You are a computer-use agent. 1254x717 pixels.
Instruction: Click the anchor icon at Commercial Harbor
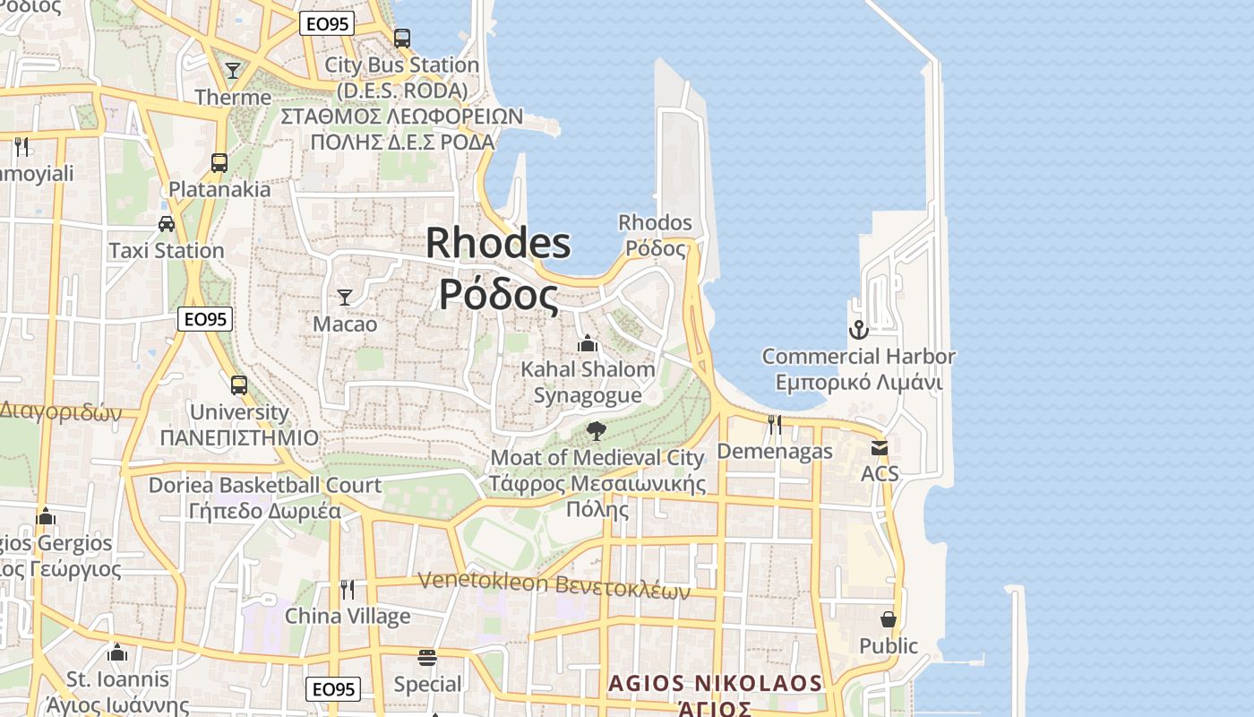(858, 330)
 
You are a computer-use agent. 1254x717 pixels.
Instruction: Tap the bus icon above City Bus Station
(402, 39)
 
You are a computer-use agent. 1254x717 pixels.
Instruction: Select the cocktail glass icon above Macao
(345, 297)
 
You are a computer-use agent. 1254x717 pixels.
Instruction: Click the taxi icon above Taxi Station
(167, 224)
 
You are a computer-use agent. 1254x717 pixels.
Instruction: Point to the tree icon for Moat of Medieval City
(596, 431)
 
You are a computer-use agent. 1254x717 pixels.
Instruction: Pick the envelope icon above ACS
(879, 447)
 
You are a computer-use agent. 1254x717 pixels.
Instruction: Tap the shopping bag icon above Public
(888, 619)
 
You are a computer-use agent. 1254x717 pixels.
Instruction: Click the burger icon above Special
(427, 658)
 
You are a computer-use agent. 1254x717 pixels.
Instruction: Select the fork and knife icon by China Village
(348, 589)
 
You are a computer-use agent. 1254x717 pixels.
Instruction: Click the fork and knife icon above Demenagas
(775, 424)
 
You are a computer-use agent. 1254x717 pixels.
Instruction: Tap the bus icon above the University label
(238, 385)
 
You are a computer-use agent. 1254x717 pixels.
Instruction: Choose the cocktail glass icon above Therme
(233, 70)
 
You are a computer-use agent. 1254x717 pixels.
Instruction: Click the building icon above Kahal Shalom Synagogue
(588, 343)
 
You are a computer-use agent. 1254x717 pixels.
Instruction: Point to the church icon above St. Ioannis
(117, 652)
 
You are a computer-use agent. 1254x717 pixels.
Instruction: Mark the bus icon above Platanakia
(219, 162)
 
